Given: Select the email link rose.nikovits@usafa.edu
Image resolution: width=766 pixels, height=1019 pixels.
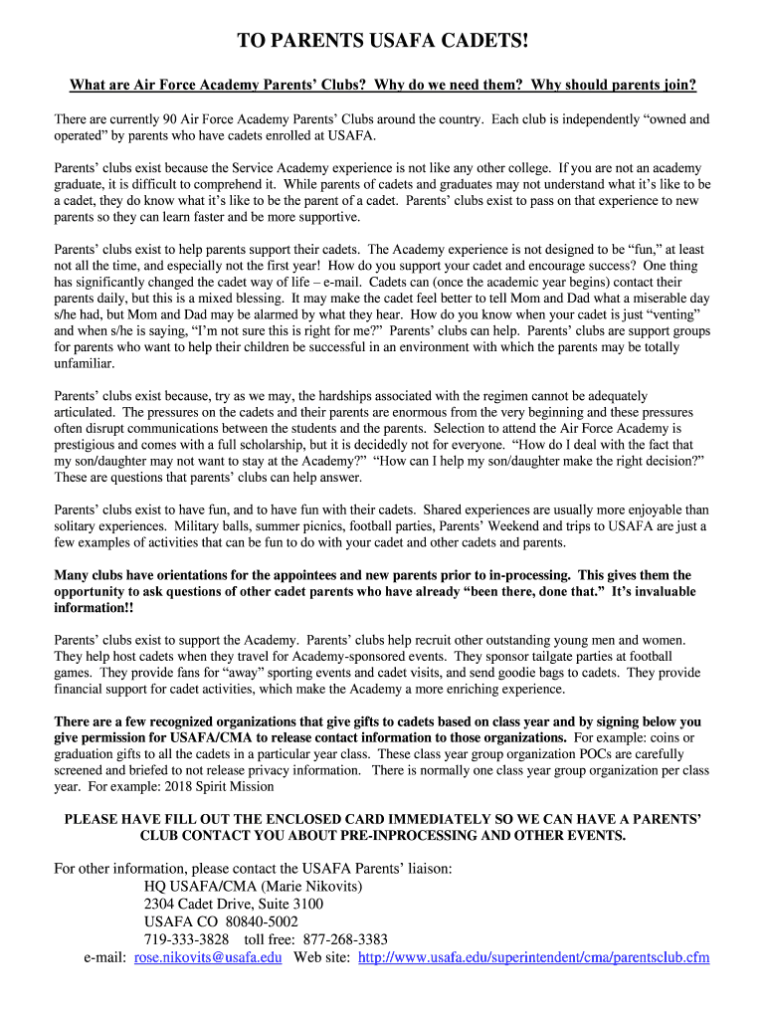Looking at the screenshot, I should pos(208,957).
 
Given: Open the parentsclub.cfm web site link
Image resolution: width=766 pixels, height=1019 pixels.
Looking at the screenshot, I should pos(533,957).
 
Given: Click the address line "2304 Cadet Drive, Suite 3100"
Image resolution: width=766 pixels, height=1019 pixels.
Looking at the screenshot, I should pos(234,904).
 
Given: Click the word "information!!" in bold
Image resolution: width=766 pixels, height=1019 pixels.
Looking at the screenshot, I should pos(93,608).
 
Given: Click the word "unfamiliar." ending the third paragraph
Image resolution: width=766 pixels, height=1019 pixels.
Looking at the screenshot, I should pos(86,364).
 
